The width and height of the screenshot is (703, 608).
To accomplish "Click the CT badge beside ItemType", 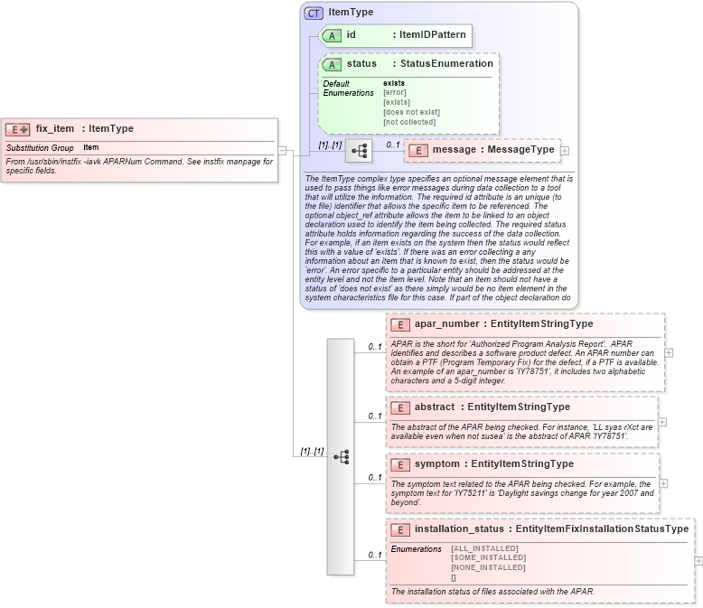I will point(314,13).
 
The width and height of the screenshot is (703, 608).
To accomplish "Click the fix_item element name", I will point(55,129).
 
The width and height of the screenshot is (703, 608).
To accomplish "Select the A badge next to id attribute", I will point(332,35).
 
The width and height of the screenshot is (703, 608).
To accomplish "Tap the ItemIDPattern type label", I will point(432,35).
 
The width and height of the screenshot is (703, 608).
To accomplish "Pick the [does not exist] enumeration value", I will point(411,112).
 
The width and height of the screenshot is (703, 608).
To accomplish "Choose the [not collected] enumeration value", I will point(409,122).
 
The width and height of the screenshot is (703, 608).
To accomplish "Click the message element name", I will point(455,149).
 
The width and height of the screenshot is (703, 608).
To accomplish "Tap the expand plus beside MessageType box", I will point(565,150).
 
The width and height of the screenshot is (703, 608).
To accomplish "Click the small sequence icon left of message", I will point(359,150).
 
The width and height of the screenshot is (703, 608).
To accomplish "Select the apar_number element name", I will point(447,323).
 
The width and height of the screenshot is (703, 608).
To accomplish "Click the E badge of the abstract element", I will point(400,407).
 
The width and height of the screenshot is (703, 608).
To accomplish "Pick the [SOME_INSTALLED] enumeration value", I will point(488,558).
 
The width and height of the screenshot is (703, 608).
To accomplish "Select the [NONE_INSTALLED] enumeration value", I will point(488,568).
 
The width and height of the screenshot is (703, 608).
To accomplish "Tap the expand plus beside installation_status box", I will point(698,561).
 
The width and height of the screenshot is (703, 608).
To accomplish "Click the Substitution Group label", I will point(40,148).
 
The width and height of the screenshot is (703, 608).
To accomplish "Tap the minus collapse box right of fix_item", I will point(283,151).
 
